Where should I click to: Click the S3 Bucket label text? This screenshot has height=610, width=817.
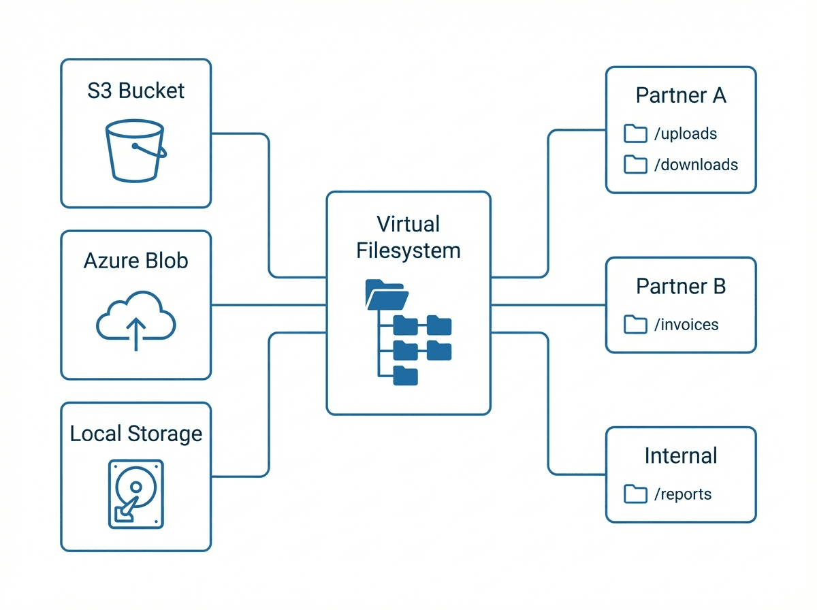(x=136, y=91)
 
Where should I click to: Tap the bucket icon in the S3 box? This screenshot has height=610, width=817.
(x=135, y=151)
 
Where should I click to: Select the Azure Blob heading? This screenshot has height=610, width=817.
(x=136, y=261)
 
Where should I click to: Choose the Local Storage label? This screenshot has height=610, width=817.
(x=136, y=434)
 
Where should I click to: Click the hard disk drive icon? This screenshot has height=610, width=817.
(x=136, y=494)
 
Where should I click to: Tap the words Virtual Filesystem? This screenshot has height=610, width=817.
(x=408, y=237)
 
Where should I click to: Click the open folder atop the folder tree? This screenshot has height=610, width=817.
(x=387, y=295)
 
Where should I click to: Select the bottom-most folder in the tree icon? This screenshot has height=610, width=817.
(x=406, y=376)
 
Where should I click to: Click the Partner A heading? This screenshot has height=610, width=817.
(x=681, y=95)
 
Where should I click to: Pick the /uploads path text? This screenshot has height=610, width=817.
(x=685, y=133)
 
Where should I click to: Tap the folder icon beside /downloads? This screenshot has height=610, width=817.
(x=635, y=164)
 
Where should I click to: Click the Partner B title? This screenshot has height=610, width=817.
(x=681, y=287)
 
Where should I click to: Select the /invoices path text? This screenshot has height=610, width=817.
(x=686, y=325)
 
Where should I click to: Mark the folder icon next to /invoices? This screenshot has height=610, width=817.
(x=635, y=325)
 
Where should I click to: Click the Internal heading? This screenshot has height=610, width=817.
(x=681, y=455)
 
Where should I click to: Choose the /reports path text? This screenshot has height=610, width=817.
(x=682, y=494)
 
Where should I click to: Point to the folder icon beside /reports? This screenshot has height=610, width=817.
(x=635, y=494)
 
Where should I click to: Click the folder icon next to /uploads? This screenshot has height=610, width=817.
(x=635, y=133)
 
